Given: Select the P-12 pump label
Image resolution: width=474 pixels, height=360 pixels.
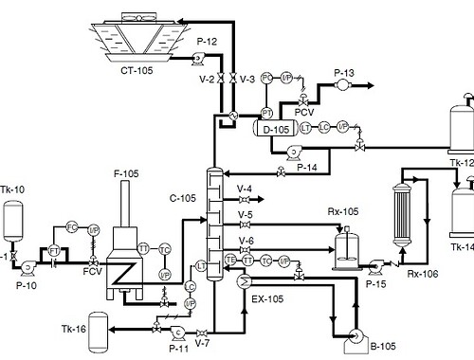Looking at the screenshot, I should [x=207, y=41].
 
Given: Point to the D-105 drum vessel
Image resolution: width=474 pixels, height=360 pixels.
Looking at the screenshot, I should [x=275, y=130].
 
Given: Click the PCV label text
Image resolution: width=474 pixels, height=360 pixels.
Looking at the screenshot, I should [x=303, y=112].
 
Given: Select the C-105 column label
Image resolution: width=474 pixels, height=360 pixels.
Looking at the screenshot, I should [x=183, y=198].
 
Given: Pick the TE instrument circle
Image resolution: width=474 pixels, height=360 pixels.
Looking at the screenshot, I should [x=229, y=260].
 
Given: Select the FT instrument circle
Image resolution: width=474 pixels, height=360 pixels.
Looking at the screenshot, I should [x=54, y=249].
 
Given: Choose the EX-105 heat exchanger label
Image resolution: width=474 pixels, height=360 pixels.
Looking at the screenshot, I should [x=268, y=298].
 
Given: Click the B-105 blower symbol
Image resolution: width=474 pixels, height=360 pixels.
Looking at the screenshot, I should [x=357, y=335].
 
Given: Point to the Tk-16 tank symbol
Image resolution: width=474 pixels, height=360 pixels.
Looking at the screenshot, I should [x=97, y=327].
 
